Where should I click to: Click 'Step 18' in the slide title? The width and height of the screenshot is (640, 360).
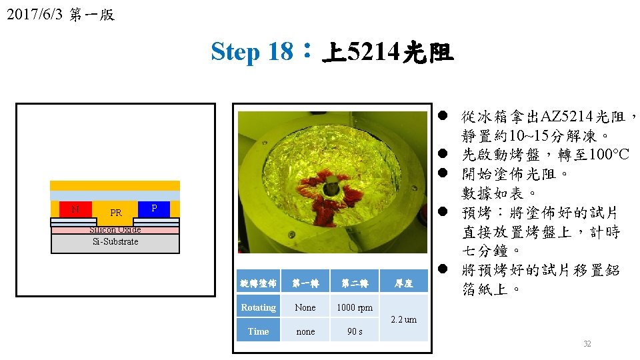251,51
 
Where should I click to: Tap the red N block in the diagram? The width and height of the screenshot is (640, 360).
75,209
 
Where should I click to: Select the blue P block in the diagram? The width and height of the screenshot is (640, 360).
154,209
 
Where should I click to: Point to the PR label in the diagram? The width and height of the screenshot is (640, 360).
116,213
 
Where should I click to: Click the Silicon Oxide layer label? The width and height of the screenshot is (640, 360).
115,230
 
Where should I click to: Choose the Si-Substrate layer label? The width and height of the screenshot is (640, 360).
115,241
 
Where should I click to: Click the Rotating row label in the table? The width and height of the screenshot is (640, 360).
258,307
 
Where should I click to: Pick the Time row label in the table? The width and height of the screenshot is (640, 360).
258,331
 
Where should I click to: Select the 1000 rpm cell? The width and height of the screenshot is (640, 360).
355,307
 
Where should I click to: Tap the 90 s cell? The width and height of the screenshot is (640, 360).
355,331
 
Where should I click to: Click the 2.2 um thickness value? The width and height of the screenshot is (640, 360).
403,319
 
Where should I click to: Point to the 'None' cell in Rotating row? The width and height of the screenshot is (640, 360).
305,307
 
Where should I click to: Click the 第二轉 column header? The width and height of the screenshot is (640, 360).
355,283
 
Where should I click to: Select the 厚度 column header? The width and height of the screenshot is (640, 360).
403,283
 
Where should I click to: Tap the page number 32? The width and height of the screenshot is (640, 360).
587,344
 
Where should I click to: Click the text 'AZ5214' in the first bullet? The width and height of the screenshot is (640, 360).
566,117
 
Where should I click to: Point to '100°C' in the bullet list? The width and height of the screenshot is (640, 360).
605,155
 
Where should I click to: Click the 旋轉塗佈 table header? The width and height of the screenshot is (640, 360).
258,283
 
